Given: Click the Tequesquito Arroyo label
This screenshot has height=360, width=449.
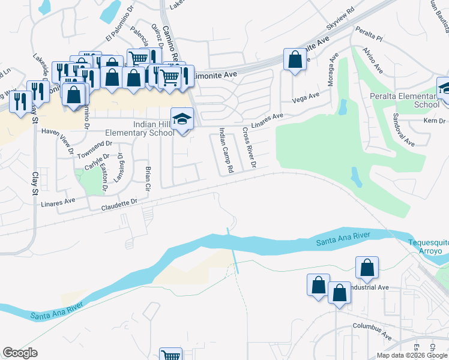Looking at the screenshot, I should coord(427,247).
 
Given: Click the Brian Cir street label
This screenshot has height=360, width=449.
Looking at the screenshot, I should coord(147,179).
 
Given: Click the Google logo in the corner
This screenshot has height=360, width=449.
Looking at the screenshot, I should coord(20,352).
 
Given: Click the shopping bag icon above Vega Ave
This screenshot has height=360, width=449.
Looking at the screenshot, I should coord(294,60).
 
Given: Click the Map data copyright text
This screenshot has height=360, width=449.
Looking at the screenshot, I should coord(412,355).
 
